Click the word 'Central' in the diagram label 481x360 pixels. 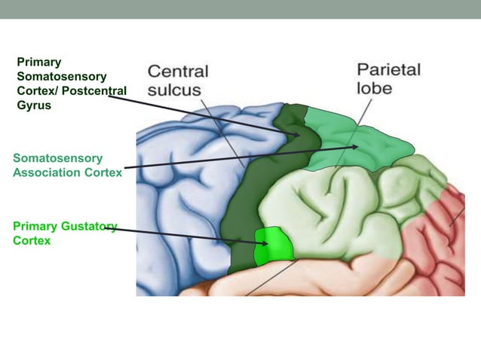click(177, 72)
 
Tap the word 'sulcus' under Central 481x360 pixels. click(174, 90)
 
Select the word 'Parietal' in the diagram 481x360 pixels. click(388, 69)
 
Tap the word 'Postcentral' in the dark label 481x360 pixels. click(91, 90)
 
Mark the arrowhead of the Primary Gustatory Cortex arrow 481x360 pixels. click(265, 243)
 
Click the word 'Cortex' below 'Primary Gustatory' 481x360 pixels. click(32, 241)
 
